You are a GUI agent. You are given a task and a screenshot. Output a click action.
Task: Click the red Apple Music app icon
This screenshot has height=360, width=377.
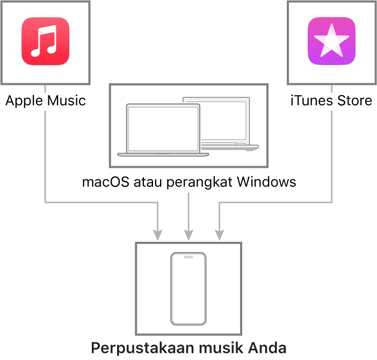pyautogui.click(x=46, y=41)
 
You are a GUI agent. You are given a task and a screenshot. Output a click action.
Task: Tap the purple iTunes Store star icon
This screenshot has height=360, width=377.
pyautogui.click(x=331, y=41)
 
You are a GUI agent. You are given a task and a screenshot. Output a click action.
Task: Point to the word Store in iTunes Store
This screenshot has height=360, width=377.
pyautogui.click(x=354, y=100)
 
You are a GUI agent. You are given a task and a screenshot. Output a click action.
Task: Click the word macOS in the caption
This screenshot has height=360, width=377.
pyautogui.click(x=106, y=182)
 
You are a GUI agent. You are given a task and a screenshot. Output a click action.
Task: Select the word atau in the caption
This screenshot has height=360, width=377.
pyautogui.click(x=148, y=182)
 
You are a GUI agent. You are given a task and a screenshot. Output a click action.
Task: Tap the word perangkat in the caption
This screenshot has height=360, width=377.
pyautogui.click(x=199, y=183)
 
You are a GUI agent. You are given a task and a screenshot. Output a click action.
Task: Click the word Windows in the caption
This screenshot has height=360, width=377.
pyautogui.click(x=266, y=182)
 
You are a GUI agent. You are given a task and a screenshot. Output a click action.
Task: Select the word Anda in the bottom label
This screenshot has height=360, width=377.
pyautogui.click(x=267, y=348)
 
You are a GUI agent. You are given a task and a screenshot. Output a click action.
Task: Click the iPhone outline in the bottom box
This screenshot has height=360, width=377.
pyautogui.click(x=171, y=289)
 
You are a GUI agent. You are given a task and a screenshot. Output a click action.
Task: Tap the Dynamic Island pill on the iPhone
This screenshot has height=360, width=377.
pyautogui.click(x=189, y=257)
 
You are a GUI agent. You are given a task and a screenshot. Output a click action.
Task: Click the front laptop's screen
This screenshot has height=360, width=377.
pyautogui.click(x=163, y=128)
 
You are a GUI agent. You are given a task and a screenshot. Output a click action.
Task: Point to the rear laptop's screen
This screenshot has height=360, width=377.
pyautogui.click(x=223, y=120)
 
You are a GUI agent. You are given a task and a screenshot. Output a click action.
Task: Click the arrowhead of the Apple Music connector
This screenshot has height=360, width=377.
pyautogui.click(x=158, y=235)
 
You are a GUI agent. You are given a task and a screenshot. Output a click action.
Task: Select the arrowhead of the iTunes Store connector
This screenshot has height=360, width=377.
pyautogui.click(x=219, y=235)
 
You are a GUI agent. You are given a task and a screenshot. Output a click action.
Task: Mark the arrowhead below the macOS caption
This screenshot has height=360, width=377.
pyautogui.click(x=189, y=235)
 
